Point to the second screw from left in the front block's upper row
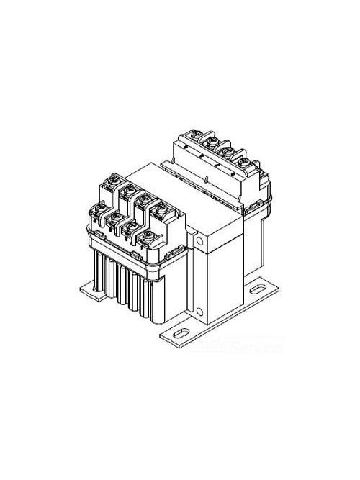[x=130, y=190]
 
